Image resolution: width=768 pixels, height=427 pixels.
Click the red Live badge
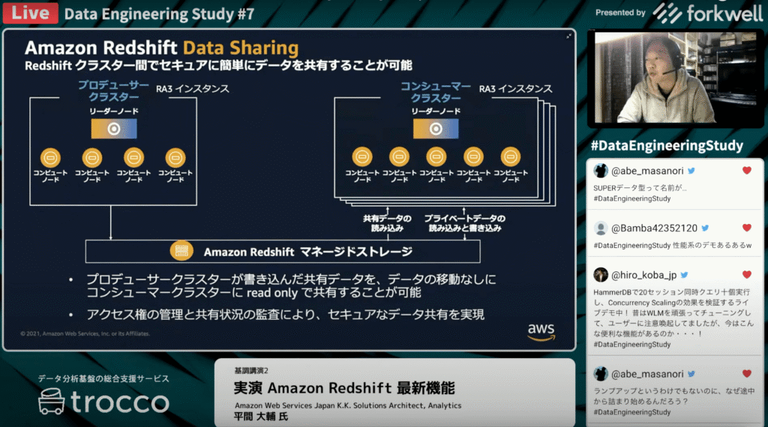[x=28, y=13]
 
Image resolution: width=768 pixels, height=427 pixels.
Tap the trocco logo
[x=104, y=402]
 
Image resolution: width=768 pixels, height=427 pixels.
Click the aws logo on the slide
[x=541, y=331]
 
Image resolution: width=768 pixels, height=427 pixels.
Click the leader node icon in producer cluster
[x=113, y=128]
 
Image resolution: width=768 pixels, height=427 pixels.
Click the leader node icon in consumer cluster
[x=436, y=128]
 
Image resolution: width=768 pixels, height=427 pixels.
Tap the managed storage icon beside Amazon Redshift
[x=181, y=251]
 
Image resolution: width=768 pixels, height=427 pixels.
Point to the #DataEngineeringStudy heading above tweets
[x=667, y=145]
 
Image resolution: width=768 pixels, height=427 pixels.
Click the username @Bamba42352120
[x=655, y=228]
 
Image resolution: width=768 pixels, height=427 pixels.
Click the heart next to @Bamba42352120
[x=746, y=228]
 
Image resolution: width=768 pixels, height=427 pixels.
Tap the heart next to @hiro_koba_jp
[x=746, y=275]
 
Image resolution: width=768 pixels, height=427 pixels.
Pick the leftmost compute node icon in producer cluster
[x=50, y=157]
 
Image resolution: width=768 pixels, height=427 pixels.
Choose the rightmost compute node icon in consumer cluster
[x=509, y=157]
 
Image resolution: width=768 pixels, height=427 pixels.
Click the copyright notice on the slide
[x=85, y=333]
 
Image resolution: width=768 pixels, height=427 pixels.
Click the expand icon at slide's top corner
[x=569, y=35]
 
